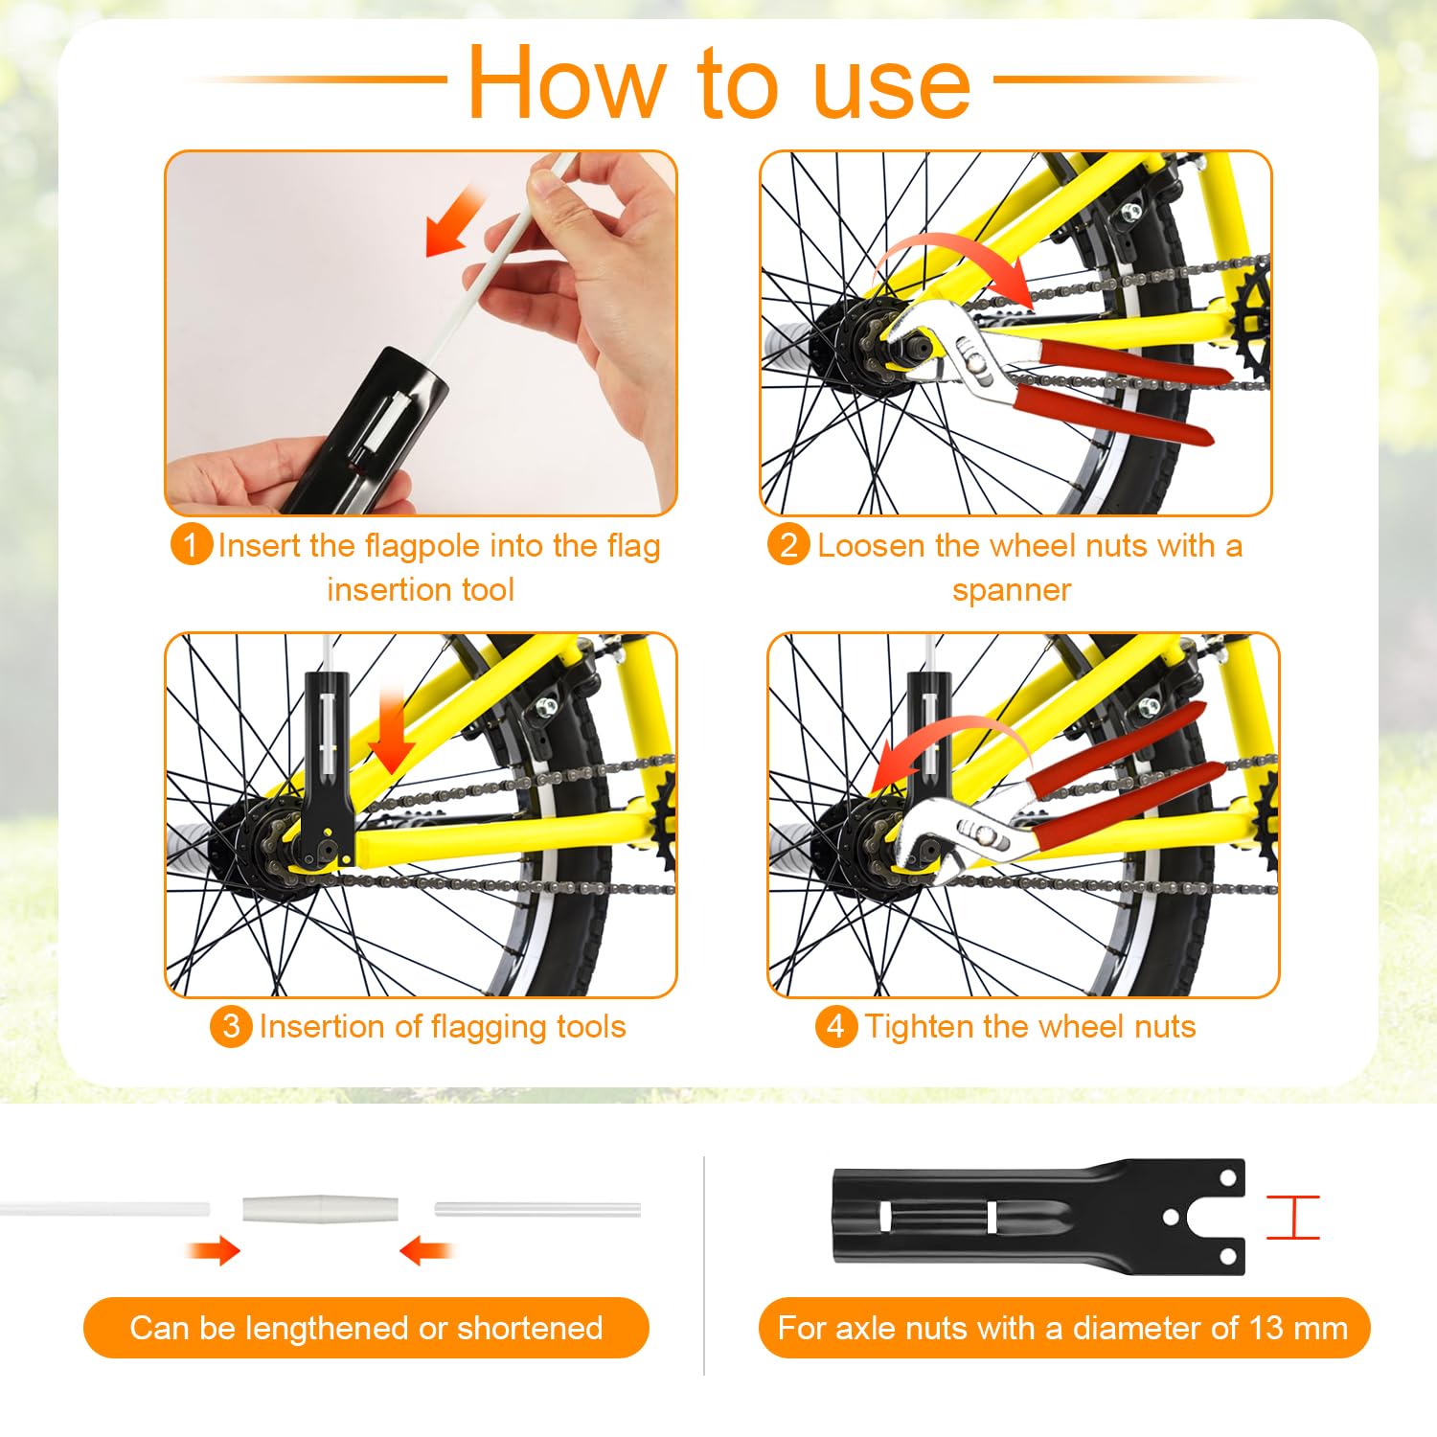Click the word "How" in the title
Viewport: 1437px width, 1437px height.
pyautogui.click(x=565, y=84)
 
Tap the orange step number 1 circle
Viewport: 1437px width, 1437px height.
pyautogui.click(x=191, y=545)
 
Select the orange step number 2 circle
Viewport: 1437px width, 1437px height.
pyautogui.click(x=788, y=545)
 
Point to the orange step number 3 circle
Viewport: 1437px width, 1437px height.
pyautogui.click(x=231, y=1027)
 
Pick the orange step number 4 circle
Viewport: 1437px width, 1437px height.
pyautogui.click(x=835, y=1027)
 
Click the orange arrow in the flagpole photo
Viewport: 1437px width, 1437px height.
pyautogui.click(x=454, y=222)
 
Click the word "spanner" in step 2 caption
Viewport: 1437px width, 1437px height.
pyautogui.click(x=1012, y=590)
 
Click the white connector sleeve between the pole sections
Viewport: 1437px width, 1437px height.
pyautogui.click(x=320, y=1208)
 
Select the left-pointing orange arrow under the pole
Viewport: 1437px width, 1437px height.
pyautogui.click(x=425, y=1250)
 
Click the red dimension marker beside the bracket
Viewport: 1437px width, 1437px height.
pyautogui.click(x=1292, y=1217)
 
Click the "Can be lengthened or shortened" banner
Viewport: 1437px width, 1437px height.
pyautogui.click(x=366, y=1328)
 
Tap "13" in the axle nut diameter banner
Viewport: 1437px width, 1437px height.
pyautogui.click(x=1266, y=1328)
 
